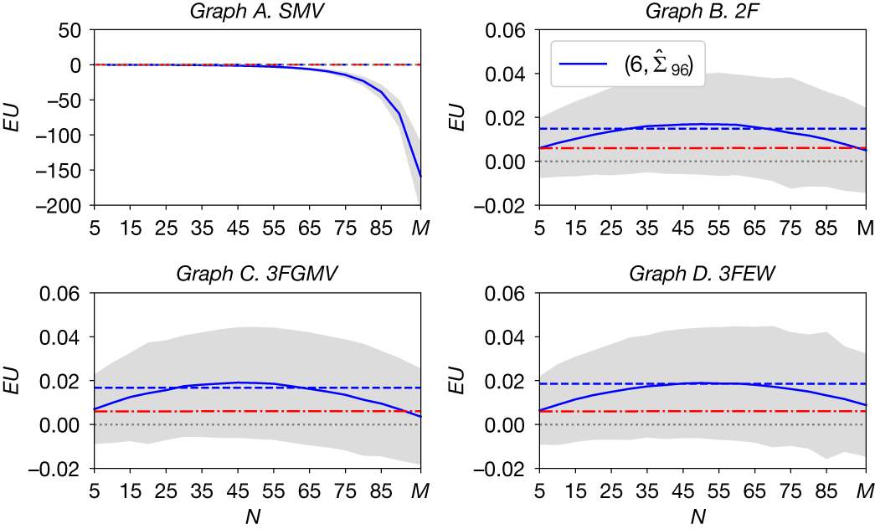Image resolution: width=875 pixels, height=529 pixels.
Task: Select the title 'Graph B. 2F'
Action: point(703,11)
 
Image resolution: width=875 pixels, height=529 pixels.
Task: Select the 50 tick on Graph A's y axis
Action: point(72,30)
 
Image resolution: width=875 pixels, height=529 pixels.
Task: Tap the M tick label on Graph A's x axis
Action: point(419,226)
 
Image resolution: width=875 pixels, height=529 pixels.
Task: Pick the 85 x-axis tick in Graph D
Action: point(828,490)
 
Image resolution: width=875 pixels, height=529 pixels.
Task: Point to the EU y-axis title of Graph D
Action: point(457,381)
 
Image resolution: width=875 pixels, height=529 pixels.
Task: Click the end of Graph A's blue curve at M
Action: point(419,176)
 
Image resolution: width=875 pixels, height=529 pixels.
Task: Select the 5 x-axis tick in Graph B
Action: point(541,226)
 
